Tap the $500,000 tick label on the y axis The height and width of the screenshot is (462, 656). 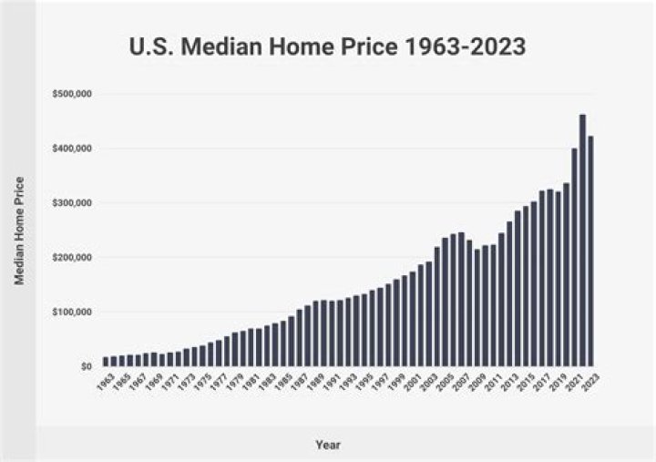[72, 94]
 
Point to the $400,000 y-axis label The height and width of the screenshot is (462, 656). [72, 149]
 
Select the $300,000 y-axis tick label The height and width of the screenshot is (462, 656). [72, 202]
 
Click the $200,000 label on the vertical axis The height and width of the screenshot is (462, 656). [72, 257]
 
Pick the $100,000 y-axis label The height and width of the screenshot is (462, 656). [72, 312]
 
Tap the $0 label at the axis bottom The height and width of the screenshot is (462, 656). [85, 366]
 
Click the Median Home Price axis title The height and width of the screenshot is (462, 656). [19, 230]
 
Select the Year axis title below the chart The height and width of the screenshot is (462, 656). [328, 445]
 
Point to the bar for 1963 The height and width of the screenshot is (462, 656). [106, 361]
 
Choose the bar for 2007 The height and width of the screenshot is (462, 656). [461, 300]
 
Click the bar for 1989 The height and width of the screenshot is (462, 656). [315, 334]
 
